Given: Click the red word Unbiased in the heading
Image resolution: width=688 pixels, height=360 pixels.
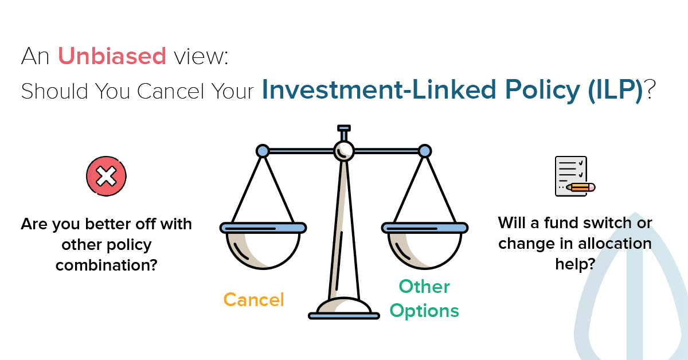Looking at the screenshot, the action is point(112,56).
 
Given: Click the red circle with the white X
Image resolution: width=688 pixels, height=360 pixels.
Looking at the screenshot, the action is point(106,177).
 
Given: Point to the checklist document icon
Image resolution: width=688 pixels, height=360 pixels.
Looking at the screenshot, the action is point(571,177).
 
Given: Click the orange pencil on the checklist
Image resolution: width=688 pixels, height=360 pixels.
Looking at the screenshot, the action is point(581,187).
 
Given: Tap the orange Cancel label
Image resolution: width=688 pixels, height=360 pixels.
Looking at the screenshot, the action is point(253,299).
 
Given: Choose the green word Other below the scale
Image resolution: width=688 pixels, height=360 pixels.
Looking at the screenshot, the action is point(424,287).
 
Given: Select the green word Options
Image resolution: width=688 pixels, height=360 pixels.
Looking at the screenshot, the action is point(424,311).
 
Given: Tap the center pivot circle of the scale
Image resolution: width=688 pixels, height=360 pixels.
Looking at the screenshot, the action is point(343,151).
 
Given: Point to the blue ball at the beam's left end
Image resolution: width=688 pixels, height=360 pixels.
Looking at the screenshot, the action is point(263,151).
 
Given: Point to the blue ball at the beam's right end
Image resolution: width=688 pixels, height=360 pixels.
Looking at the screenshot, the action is point(425,151).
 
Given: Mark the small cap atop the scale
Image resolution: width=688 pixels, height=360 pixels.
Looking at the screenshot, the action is point(343,128).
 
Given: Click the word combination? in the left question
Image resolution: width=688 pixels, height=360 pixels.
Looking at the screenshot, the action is point(106,265).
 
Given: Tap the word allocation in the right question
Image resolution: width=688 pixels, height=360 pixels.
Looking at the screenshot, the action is point(615,244).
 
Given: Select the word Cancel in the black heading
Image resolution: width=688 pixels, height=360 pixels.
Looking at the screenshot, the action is point(170,91).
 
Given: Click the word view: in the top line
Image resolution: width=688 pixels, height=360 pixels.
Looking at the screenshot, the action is point(201,56).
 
